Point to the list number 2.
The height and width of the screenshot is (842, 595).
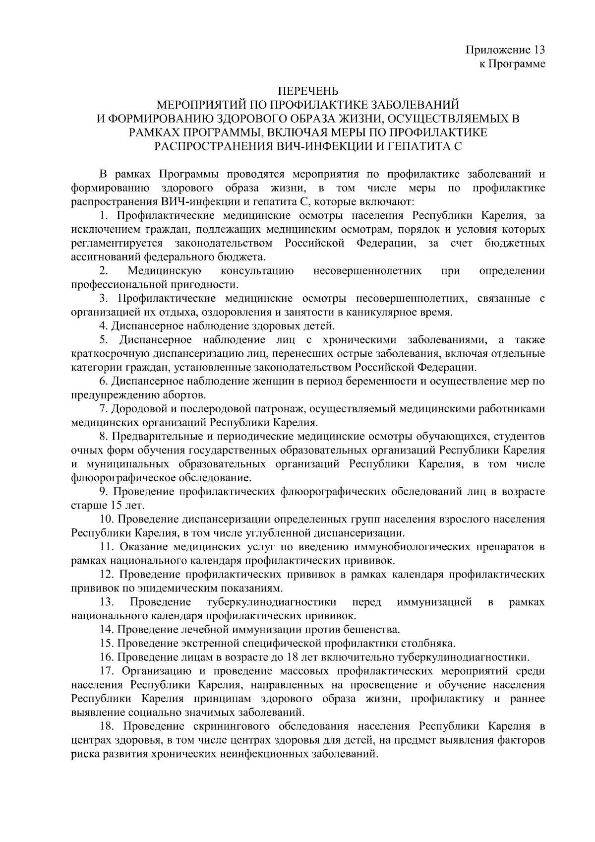click(103, 271)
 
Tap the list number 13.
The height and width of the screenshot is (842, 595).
click(106, 602)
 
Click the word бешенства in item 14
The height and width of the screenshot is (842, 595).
click(375, 630)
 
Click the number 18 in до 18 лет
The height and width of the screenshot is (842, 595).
click(295, 658)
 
